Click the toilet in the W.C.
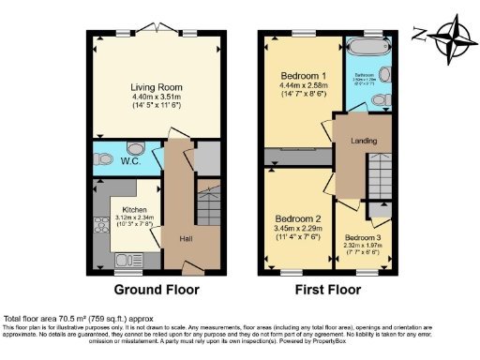pyautogui.click(x=134, y=149)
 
